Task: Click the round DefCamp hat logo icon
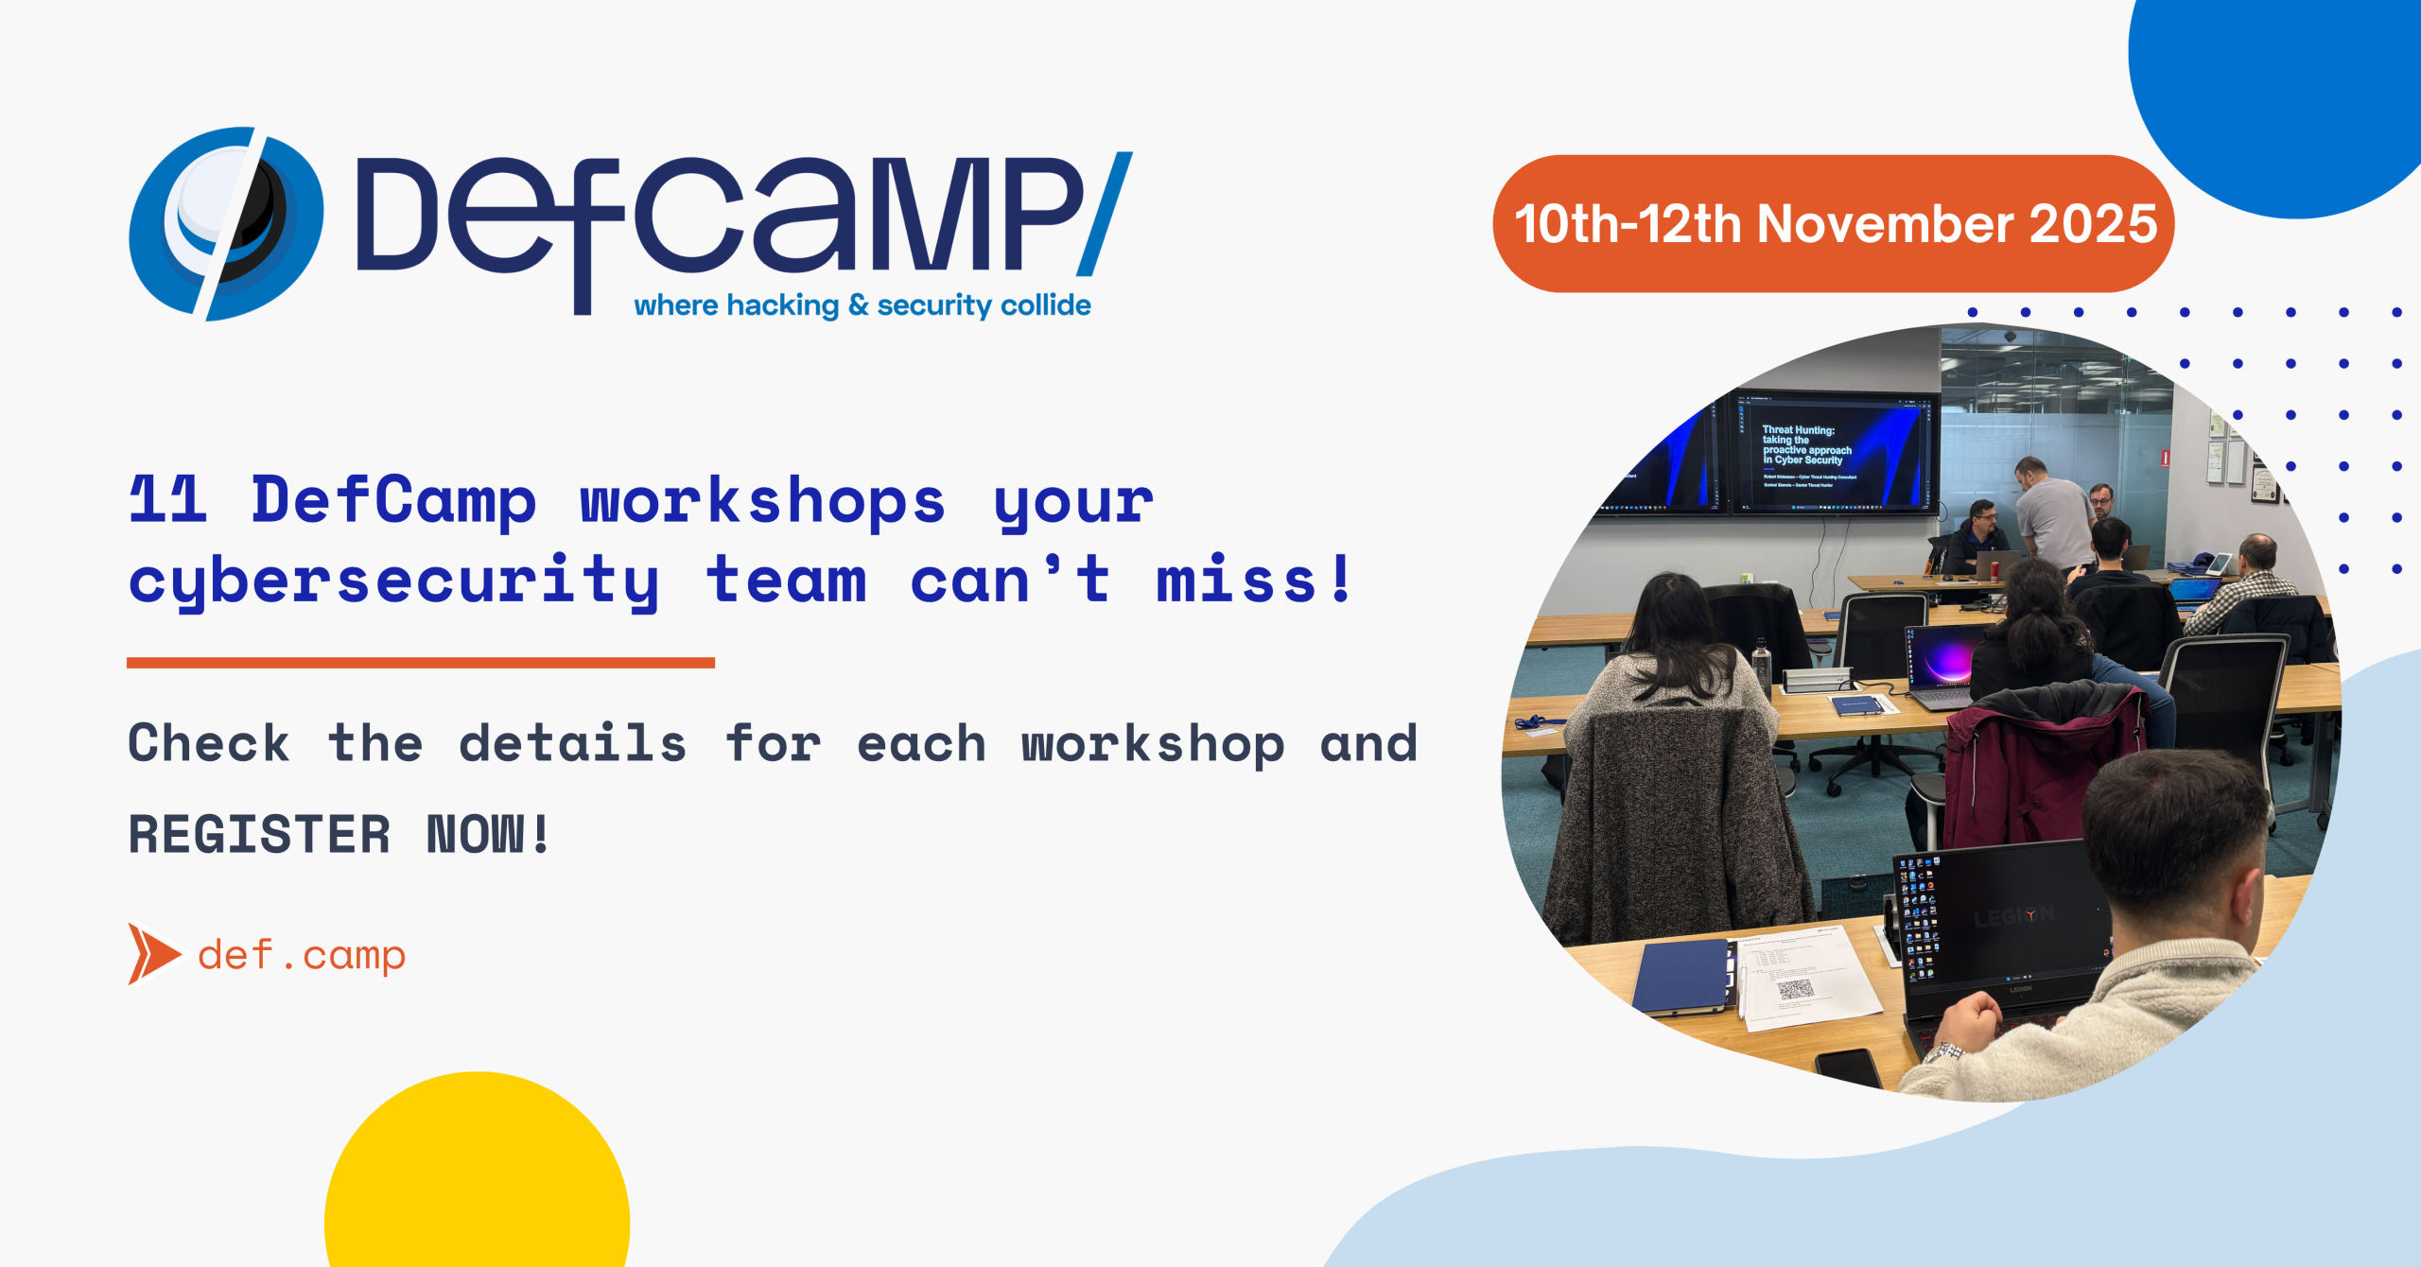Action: point(225,224)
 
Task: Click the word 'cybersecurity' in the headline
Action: point(393,581)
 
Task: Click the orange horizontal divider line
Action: point(420,663)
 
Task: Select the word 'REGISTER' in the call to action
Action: point(258,834)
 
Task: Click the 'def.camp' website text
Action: point(302,955)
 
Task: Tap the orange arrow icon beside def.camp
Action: point(151,953)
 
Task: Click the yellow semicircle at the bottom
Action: point(477,1182)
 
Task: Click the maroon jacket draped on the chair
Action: point(2033,766)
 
